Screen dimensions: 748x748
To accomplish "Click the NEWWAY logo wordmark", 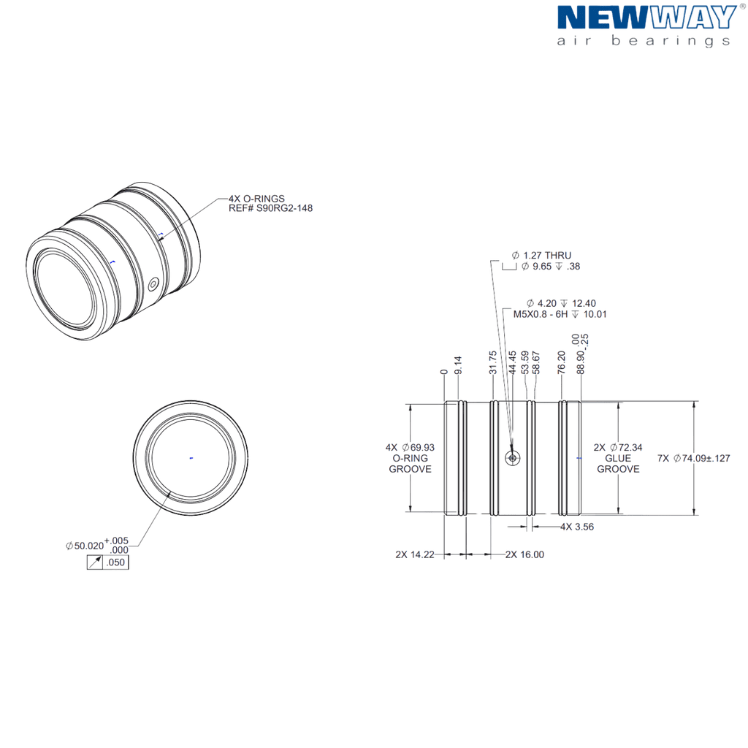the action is pos(647,18).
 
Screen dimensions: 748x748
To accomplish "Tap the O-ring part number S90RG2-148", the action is pos(284,208).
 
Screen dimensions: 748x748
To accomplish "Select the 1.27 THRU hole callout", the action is pos(541,255).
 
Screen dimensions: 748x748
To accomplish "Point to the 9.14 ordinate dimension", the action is pos(458,365).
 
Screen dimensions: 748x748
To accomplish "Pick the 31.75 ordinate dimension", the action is pos(493,362).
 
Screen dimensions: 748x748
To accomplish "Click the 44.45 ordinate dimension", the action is pos(512,362).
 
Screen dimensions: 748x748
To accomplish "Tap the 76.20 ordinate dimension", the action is pos(561,362).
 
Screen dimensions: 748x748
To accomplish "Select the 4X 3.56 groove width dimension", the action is pos(577,527).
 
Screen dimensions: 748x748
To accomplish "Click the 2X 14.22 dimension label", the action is pos(415,554).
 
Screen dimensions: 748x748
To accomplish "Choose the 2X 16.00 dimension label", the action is pos(524,554).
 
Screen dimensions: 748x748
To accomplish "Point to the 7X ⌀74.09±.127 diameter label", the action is pos(694,459).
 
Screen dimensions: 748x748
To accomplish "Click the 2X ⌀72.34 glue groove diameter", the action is pos(618,448).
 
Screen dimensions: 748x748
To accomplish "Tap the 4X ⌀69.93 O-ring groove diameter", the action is pos(411,448).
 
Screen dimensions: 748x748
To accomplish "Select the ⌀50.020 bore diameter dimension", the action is pos(97,545).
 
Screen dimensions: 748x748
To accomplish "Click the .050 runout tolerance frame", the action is pos(108,562).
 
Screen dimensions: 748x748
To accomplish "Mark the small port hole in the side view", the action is pos(512,459).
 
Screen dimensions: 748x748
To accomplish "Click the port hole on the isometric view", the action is pos(153,285).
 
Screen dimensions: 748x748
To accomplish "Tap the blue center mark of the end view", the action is pos(191,458).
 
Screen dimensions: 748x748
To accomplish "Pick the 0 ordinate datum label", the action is pos(444,372).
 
